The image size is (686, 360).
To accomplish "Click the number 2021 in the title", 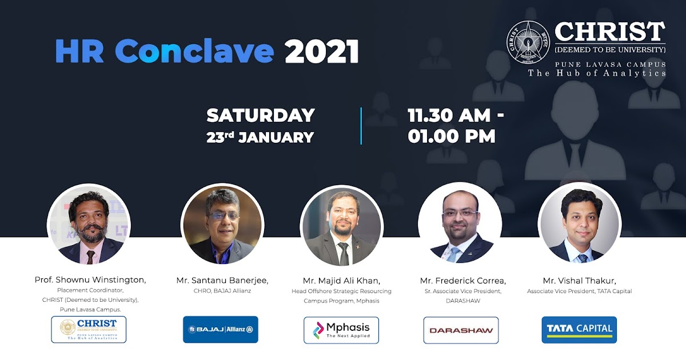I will coord(322,51).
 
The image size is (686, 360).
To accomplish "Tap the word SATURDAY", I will coord(261,115).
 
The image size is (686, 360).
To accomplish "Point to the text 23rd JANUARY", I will coord(261,137).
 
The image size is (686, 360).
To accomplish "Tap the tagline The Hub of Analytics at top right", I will coord(597,73).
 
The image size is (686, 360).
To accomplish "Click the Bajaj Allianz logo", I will coord(220,330).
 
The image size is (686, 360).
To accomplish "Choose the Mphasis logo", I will coord(341,330).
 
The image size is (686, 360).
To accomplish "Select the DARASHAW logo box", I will coord(461,330).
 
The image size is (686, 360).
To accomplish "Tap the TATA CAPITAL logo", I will coord(579,330).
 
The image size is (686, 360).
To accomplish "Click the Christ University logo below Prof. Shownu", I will coord(89,330).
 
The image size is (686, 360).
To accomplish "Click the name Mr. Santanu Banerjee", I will coord(222,280).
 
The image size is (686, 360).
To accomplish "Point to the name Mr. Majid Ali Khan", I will coord(341,280).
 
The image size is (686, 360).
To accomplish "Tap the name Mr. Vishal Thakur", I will coord(579,280).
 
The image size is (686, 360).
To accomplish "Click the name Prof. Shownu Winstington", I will coord(90,279).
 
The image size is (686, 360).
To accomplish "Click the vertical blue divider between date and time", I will coord(361,126).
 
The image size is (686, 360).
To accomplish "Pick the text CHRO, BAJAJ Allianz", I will coord(222,291).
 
